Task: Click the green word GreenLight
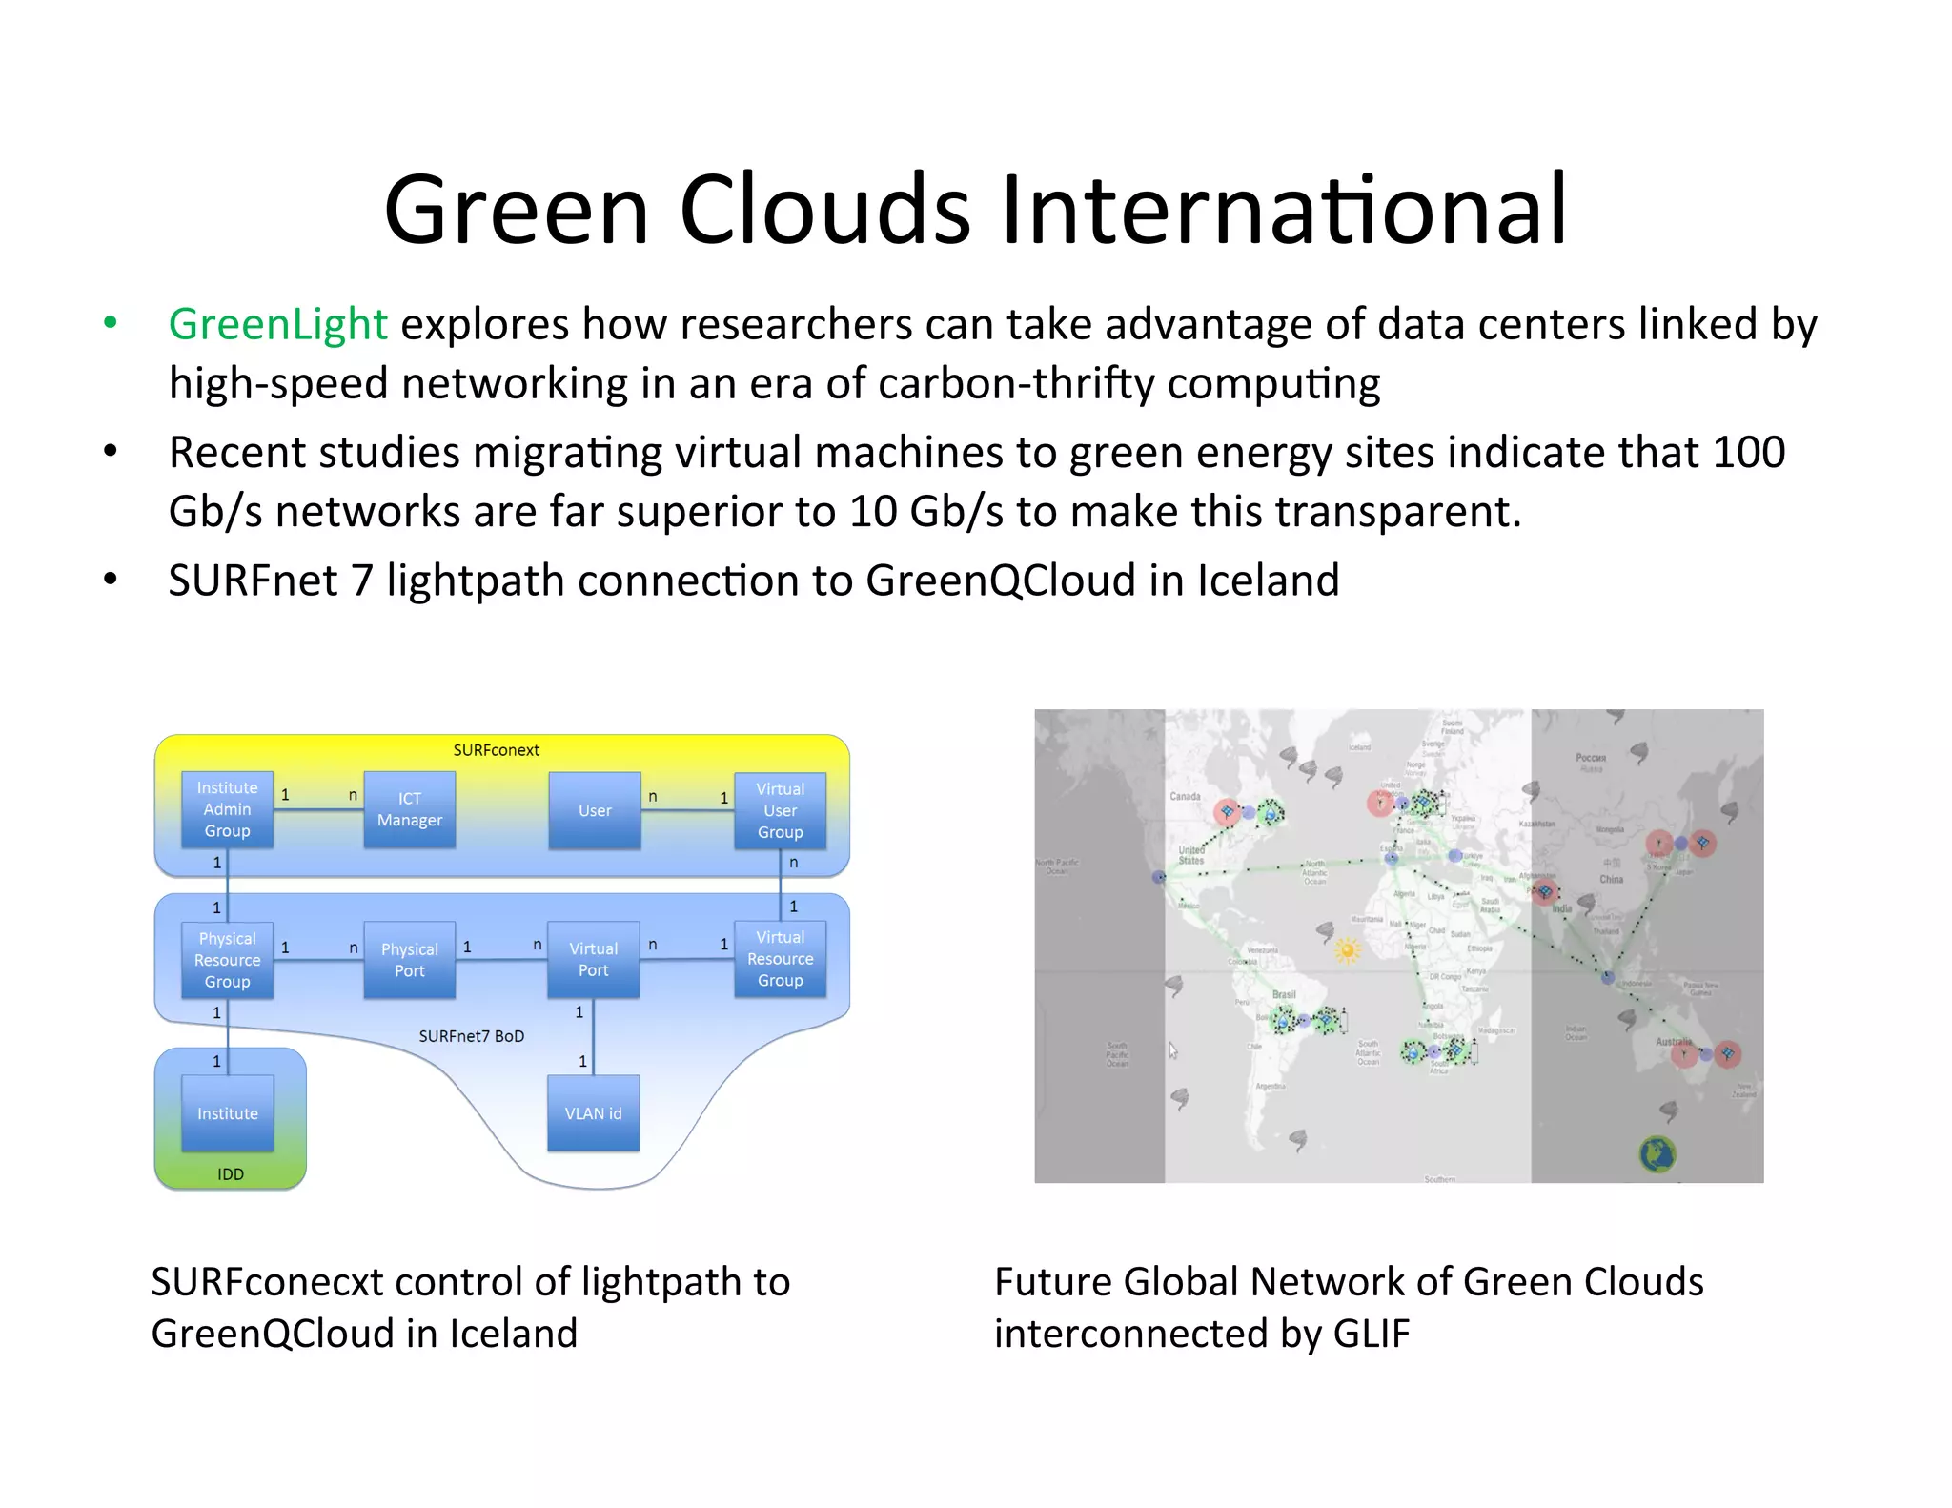pos(277,325)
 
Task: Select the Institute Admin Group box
pos(227,809)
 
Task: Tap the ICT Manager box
pos(409,809)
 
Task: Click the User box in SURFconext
pos(595,810)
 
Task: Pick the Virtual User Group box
pos(780,810)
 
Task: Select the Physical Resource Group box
pos(227,960)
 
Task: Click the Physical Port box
pos(409,960)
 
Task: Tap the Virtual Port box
pos(593,960)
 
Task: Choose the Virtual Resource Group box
pos(780,959)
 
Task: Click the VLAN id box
pos(593,1113)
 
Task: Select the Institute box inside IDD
pos(227,1113)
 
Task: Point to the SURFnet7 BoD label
pos(471,1036)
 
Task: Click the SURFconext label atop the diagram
pos(496,750)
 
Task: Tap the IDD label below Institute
pos(230,1174)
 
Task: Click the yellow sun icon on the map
pos(1347,949)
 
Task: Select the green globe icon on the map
pos(1657,1154)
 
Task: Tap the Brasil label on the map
pos(1284,994)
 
